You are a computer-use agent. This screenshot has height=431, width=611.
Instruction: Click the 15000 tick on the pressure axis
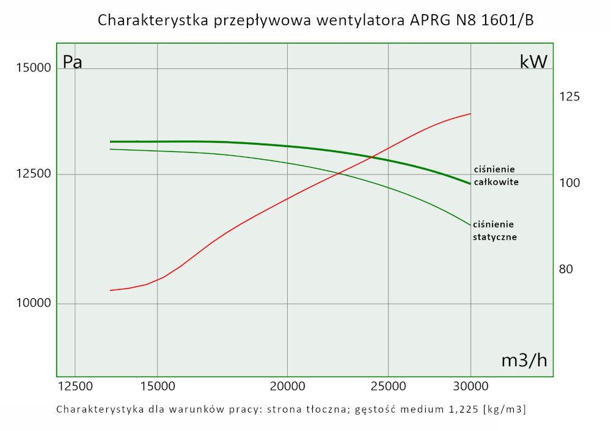29,68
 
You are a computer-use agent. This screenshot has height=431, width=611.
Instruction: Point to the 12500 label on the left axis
29,175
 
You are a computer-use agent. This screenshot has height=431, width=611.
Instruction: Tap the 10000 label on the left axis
29,304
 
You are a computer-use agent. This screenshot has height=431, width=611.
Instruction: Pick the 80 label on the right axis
566,269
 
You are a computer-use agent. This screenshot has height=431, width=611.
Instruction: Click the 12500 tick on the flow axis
75,386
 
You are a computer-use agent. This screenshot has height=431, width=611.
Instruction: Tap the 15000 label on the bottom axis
157,386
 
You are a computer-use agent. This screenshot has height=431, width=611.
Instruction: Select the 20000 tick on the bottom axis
287,386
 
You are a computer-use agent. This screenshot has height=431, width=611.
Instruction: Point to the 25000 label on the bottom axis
389,386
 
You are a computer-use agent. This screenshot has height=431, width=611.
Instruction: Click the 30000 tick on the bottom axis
470,386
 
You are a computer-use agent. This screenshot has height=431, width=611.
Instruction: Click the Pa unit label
73,62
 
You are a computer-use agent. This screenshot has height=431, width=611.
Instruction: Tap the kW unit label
533,62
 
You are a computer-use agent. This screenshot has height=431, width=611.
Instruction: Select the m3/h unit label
524,361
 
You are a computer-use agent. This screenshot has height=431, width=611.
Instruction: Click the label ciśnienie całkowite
496,176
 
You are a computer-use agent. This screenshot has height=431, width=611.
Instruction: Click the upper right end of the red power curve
470,114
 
